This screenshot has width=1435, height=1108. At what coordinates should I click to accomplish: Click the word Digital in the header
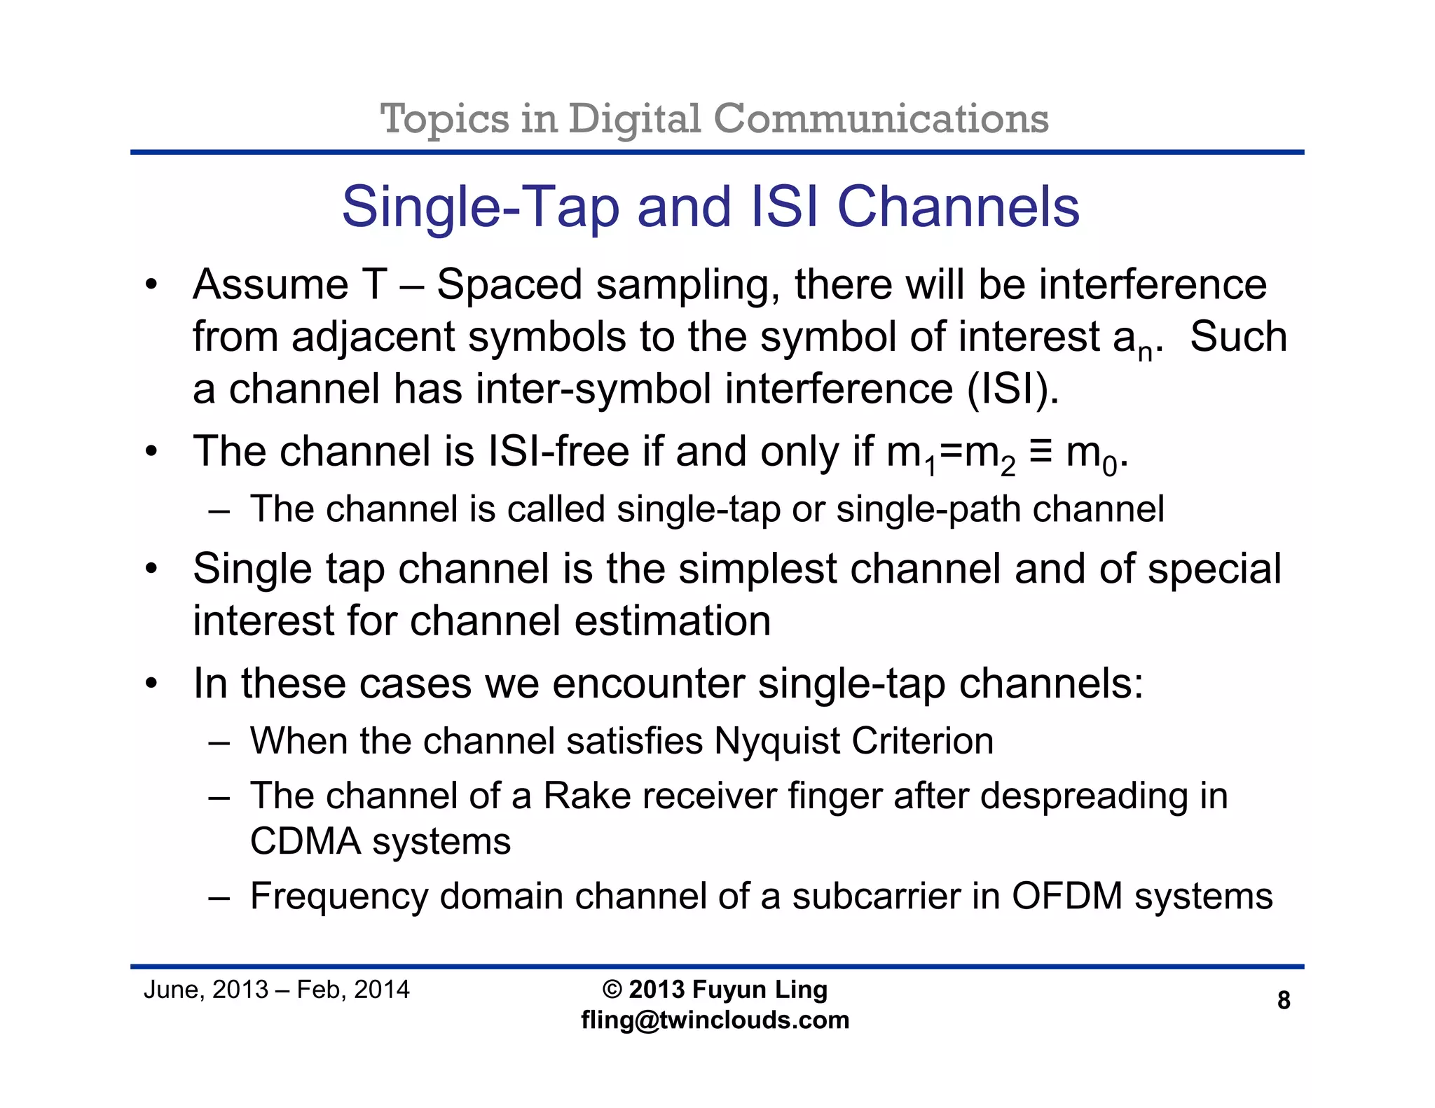[x=634, y=119]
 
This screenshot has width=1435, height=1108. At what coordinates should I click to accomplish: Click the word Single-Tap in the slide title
[x=480, y=207]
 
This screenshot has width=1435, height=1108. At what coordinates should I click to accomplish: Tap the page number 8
[x=1284, y=1000]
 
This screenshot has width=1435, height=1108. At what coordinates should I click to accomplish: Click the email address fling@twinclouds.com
[x=715, y=1020]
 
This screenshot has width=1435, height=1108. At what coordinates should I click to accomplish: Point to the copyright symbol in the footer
[x=612, y=990]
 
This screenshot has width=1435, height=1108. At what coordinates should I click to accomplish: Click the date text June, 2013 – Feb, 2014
[x=276, y=990]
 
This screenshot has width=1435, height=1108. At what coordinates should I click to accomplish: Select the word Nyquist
[x=777, y=742]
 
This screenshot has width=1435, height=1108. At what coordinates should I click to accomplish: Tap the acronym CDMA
[x=305, y=841]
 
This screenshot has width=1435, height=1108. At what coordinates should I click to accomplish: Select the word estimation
[x=672, y=621]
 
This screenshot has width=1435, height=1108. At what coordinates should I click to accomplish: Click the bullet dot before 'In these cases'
[x=151, y=684]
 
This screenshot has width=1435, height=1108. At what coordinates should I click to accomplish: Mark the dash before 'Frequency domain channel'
[x=219, y=897]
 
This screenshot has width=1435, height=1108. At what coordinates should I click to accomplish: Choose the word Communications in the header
[x=881, y=119]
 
